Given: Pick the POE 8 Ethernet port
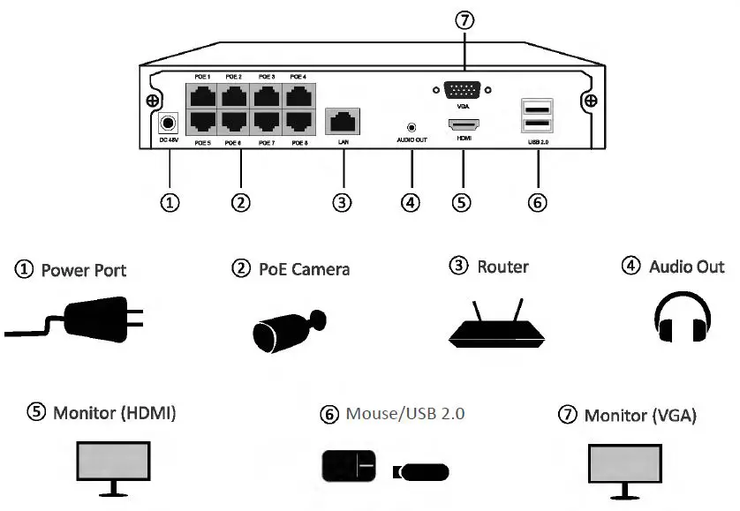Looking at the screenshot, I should (298, 122).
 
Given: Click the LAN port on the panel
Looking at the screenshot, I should (342, 119).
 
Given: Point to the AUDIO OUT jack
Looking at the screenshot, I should (411, 127).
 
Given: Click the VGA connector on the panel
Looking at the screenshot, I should (462, 89).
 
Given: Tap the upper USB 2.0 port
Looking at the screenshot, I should (535, 107).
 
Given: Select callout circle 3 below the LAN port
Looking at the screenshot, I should (342, 201).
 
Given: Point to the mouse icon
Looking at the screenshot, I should (348, 466).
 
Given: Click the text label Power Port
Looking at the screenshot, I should (84, 270).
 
